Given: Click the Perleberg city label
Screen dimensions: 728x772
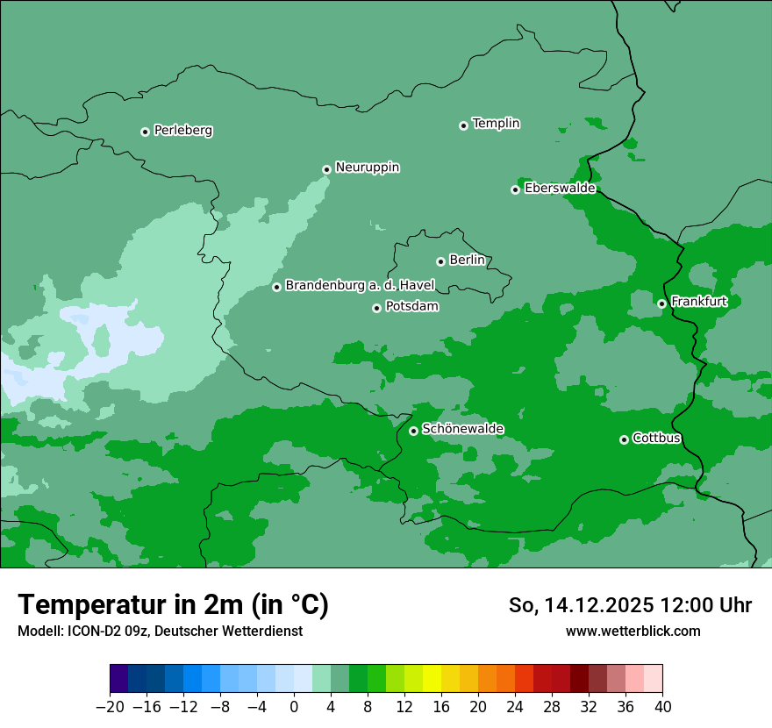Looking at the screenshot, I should pyautogui.click(x=182, y=131).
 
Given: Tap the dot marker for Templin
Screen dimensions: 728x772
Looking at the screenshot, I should pyautogui.click(x=463, y=125).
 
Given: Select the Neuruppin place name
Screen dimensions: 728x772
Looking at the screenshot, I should pyautogui.click(x=367, y=168).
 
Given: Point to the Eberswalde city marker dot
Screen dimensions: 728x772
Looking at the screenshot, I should pyautogui.click(x=516, y=189).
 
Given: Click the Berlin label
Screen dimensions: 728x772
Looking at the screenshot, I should pyautogui.click(x=467, y=261).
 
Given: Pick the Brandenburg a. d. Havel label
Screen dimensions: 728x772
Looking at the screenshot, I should pyautogui.click(x=360, y=286).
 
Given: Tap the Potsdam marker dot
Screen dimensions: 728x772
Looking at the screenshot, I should pyautogui.click(x=376, y=308).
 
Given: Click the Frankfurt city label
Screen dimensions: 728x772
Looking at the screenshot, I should pyautogui.click(x=698, y=302).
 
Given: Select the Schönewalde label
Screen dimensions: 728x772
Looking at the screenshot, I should pyautogui.click(x=462, y=429).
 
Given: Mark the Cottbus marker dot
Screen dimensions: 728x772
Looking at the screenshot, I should pyautogui.click(x=624, y=439).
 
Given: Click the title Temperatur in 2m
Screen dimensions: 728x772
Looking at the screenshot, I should pyautogui.click(x=173, y=604).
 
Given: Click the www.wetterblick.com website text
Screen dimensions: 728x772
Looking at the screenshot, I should pyautogui.click(x=633, y=631).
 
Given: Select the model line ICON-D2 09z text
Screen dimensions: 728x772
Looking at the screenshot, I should pyautogui.click(x=160, y=631).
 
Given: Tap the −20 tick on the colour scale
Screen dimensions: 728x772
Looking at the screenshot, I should pyautogui.click(x=110, y=707).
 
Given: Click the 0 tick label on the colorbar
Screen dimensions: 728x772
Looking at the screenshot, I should pyautogui.click(x=294, y=707).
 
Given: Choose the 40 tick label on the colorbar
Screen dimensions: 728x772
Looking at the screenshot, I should pyautogui.click(x=662, y=707).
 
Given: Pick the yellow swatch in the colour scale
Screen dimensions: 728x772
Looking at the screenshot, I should pyautogui.click(x=432, y=679).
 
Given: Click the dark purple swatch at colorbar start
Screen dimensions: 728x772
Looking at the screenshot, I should pyautogui.click(x=119, y=679).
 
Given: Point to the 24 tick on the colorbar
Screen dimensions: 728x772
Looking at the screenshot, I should pyautogui.click(x=515, y=707).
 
